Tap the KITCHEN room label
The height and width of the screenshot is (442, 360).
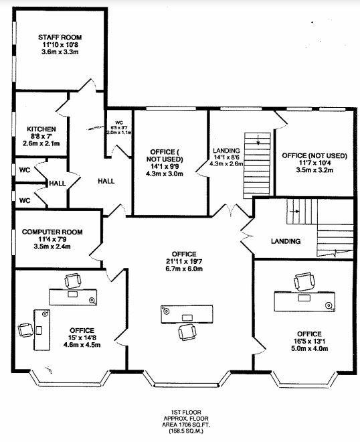pyautogui.click(x=41, y=129)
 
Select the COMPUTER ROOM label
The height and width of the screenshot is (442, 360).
pyautogui.click(x=52, y=232)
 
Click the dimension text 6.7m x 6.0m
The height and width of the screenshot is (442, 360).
pyautogui.click(x=183, y=269)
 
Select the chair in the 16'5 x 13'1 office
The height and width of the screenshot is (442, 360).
pyautogui.click(x=305, y=281)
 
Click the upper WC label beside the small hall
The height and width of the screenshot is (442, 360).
pyautogui.click(x=24, y=169)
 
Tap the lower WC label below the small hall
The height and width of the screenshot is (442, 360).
pyautogui.click(x=24, y=200)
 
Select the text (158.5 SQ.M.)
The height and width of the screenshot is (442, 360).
pyautogui.click(x=180, y=431)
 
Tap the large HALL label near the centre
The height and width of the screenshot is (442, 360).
pyautogui.click(x=106, y=181)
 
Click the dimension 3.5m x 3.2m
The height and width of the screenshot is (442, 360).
pyautogui.click(x=314, y=171)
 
